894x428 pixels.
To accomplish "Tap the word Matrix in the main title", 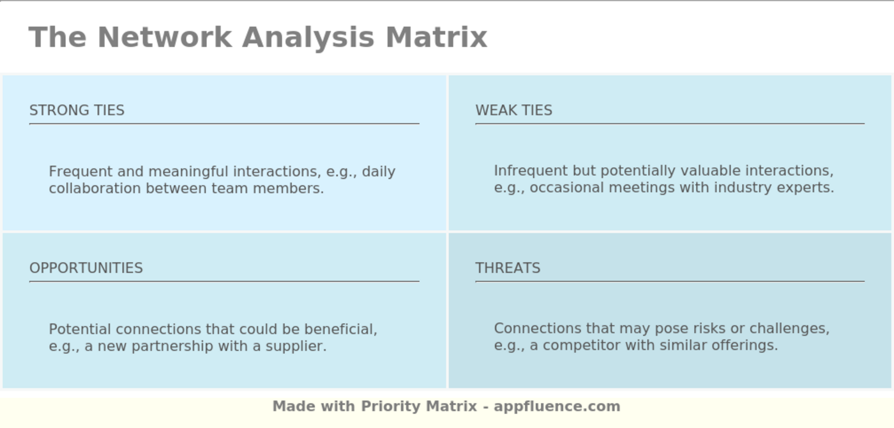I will click(x=436, y=37).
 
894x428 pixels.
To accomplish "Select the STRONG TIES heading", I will click(x=77, y=110).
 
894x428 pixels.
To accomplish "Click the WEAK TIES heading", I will click(x=513, y=110).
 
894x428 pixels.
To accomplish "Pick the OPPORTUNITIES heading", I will click(x=86, y=268).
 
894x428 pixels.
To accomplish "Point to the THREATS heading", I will click(x=508, y=268).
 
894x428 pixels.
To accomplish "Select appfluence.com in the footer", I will click(x=557, y=406).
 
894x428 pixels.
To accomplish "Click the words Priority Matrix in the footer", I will click(x=419, y=406).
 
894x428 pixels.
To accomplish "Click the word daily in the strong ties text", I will click(x=379, y=172).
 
